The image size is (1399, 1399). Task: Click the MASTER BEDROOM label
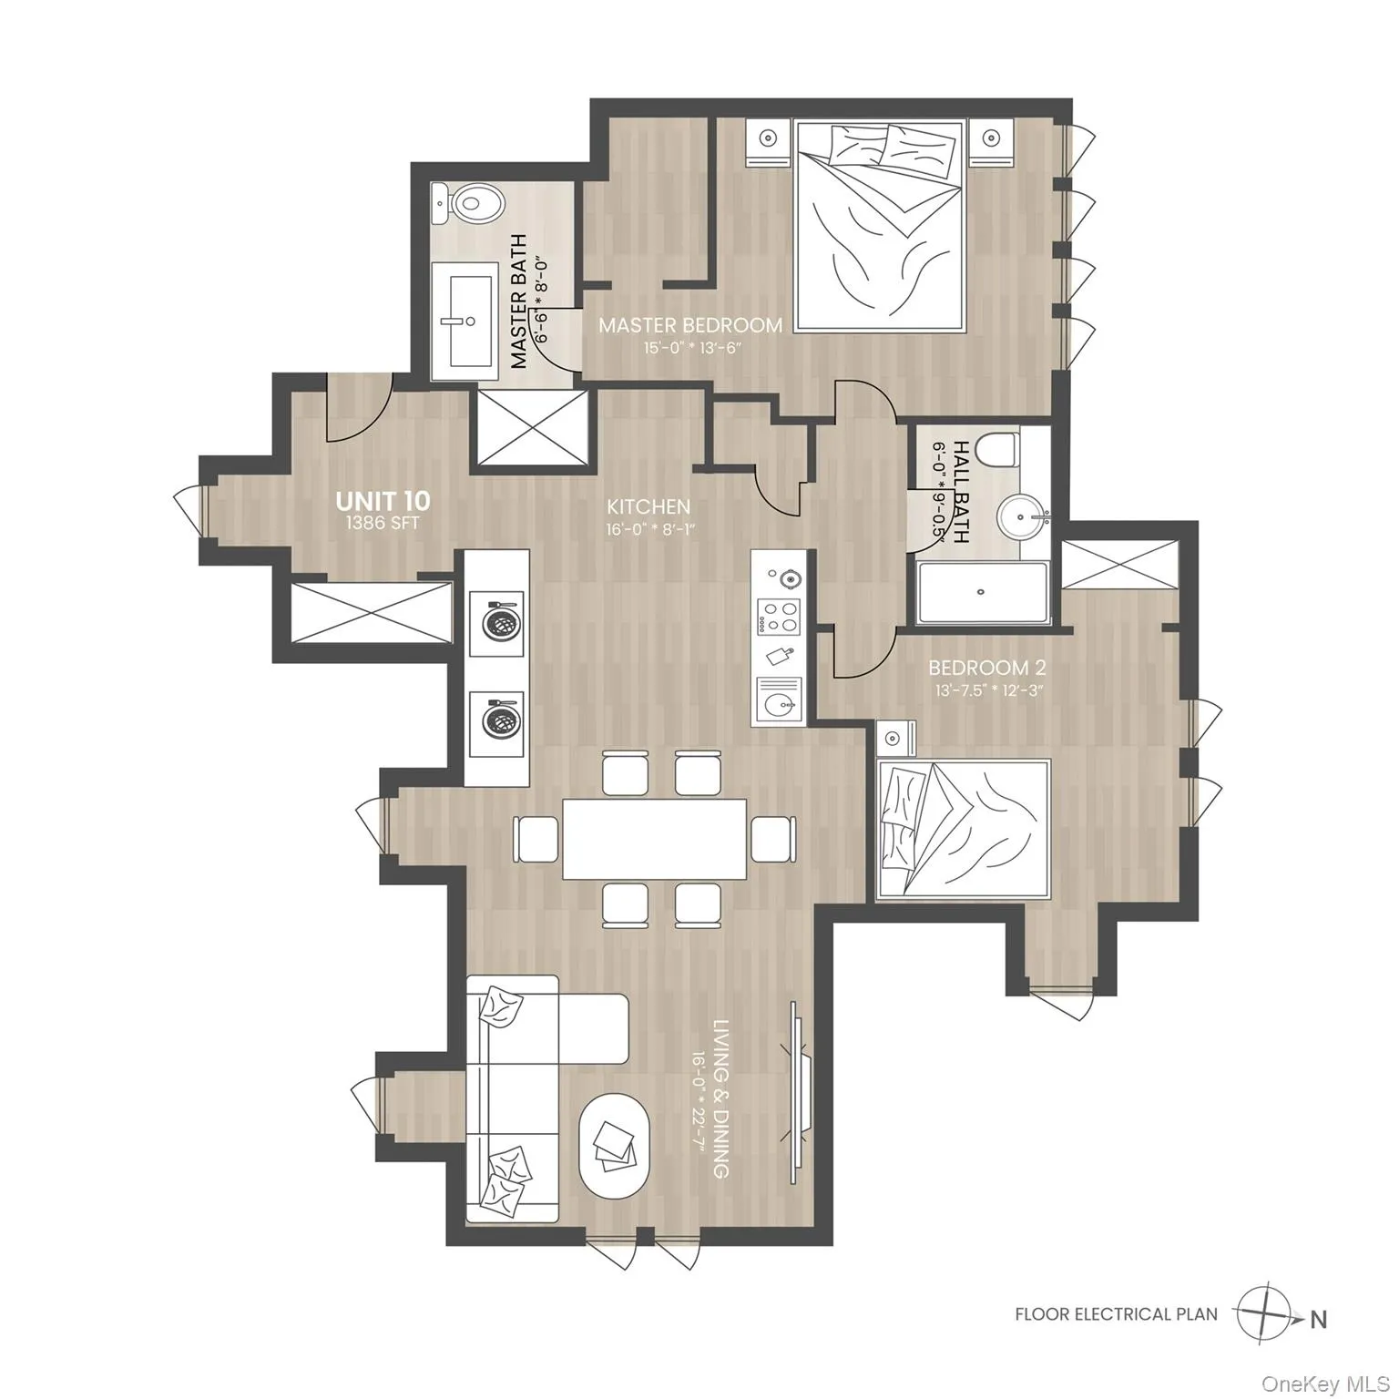(x=689, y=325)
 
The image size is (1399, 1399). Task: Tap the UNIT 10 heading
(x=383, y=500)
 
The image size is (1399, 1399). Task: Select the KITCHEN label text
(x=648, y=506)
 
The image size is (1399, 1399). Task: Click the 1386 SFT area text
(x=383, y=524)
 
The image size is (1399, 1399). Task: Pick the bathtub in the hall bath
(x=982, y=593)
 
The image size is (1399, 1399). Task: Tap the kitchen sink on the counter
(x=777, y=701)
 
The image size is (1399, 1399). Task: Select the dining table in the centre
(x=654, y=838)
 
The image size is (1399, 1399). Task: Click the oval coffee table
(x=615, y=1146)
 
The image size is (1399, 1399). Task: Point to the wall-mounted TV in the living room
(x=797, y=1084)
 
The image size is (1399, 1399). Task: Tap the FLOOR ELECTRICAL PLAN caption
(x=1116, y=1314)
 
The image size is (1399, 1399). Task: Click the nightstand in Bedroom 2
(x=894, y=736)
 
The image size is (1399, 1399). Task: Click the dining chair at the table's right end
(x=773, y=837)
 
